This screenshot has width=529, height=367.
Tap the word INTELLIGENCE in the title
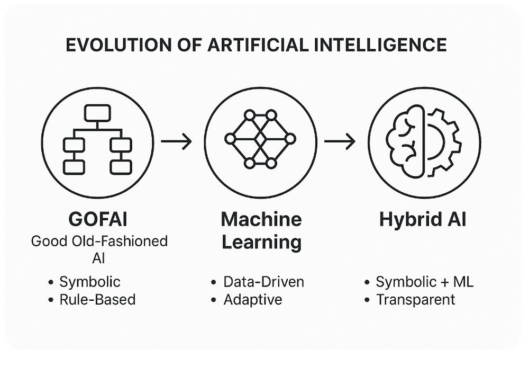click(380, 45)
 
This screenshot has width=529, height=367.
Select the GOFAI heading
click(98, 219)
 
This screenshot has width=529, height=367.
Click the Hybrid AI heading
click(423, 219)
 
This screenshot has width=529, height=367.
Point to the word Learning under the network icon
click(261, 243)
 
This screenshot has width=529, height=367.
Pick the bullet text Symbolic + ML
click(424, 282)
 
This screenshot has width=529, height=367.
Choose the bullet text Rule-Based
click(97, 299)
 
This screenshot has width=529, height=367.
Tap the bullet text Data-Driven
click(263, 282)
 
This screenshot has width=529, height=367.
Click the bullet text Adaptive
click(253, 300)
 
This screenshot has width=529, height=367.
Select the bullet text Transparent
click(416, 300)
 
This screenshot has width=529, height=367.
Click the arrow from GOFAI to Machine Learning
click(177, 141)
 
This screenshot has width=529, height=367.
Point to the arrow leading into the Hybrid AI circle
click(340, 141)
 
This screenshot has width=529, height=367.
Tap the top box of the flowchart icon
click(97, 113)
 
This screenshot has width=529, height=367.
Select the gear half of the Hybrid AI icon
click(444, 142)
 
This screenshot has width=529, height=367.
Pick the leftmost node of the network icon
click(230, 139)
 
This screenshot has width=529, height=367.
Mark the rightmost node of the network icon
click(290, 139)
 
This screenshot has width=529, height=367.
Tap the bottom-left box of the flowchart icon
click(74, 167)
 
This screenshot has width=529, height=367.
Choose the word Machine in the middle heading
click(261, 219)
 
